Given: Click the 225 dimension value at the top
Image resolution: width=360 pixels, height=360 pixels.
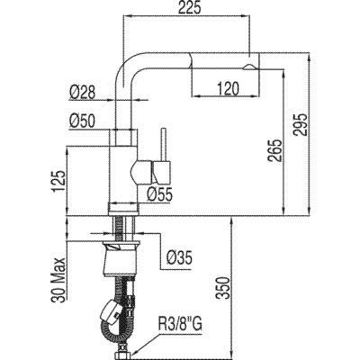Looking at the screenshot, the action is pyautogui.click(x=189, y=8).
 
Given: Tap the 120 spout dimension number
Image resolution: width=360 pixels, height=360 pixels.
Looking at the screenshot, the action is pyautogui.click(x=227, y=88).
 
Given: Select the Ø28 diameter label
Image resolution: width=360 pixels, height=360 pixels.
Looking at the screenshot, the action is pyautogui.click(x=82, y=93).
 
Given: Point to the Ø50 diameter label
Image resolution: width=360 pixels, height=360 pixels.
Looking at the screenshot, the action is pyautogui.click(x=82, y=121).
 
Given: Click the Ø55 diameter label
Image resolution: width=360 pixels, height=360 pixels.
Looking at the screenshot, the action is pyautogui.click(x=159, y=195).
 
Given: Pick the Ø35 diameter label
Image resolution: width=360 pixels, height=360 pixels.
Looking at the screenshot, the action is pyautogui.click(x=179, y=258).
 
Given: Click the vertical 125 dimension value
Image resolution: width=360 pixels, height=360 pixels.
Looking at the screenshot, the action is pyautogui.click(x=58, y=182).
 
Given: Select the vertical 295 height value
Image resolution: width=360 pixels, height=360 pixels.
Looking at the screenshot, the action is pyautogui.click(x=301, y=125).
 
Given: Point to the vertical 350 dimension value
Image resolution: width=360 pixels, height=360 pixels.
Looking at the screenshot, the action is pyautogui.click(x=223, y=288).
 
